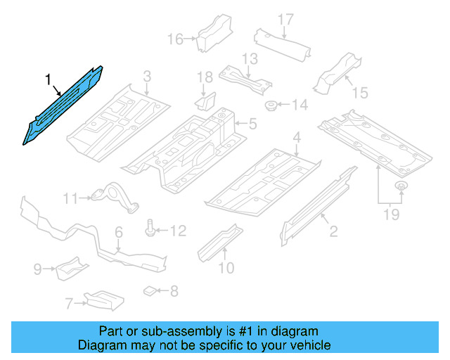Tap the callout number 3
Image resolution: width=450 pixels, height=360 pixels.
147,76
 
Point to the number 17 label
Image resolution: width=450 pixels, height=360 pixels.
284,19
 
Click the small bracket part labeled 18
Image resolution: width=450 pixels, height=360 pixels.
205,103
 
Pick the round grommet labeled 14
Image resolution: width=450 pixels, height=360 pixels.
270,106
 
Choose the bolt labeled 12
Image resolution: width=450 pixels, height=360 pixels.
152,229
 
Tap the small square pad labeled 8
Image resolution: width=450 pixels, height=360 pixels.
149,290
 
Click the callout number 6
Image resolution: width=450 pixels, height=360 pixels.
119,231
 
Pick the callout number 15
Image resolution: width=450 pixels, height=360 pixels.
360,92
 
